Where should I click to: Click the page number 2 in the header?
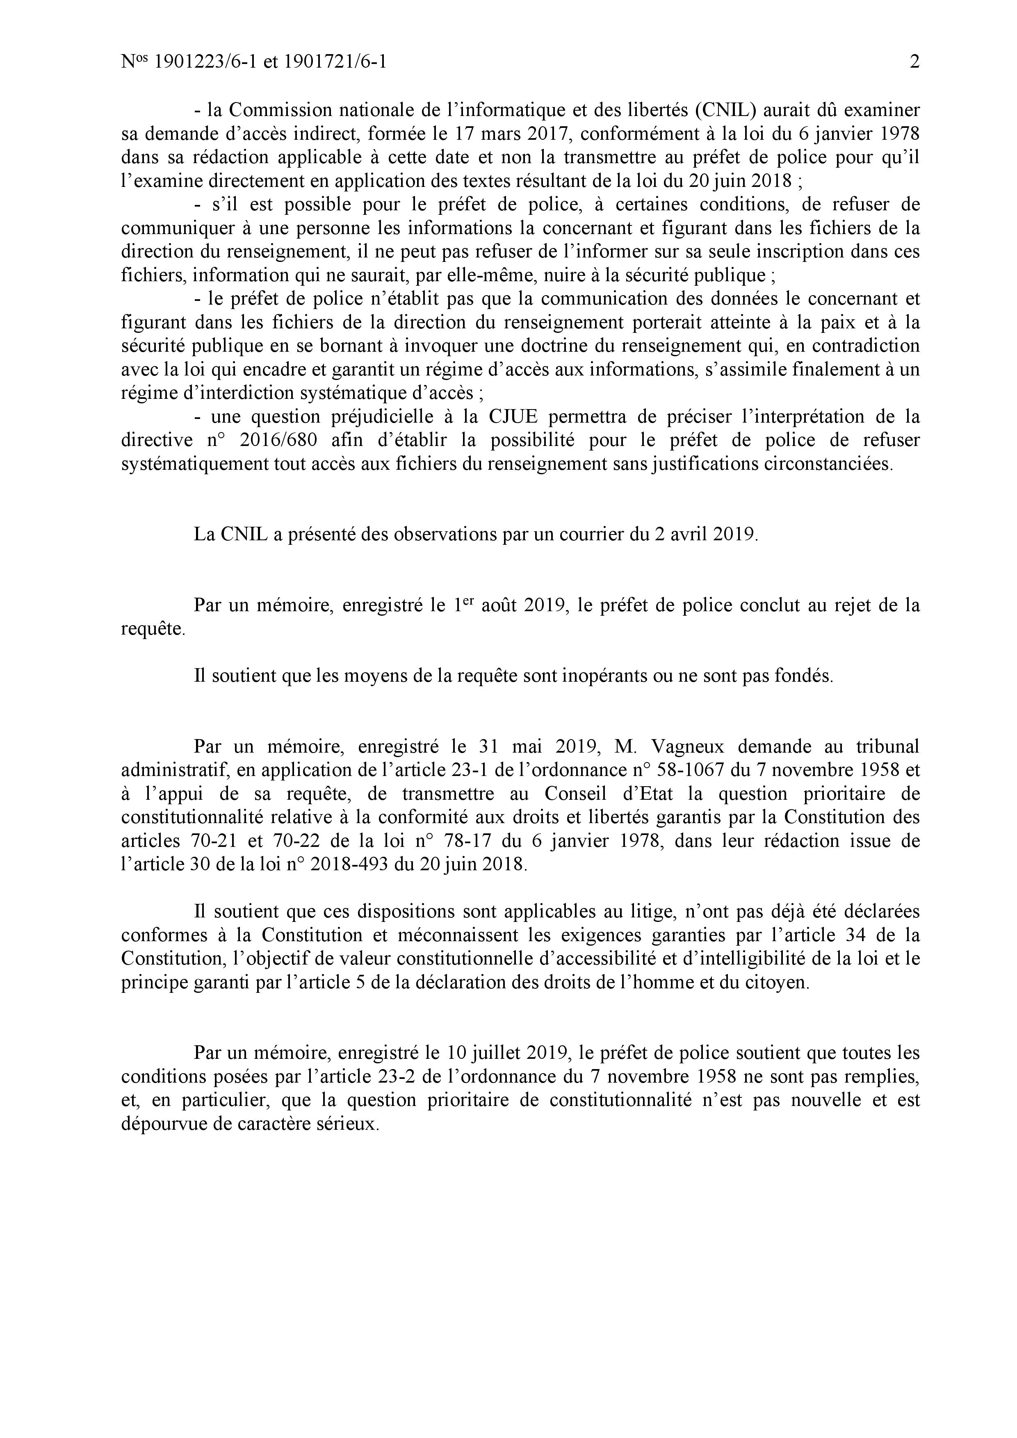914,62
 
